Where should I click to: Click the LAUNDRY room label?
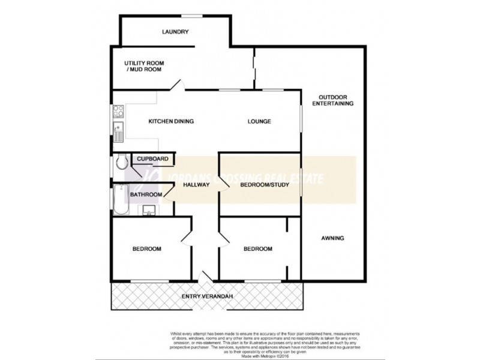175,32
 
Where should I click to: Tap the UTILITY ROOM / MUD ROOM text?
144,66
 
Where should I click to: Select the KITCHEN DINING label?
171,122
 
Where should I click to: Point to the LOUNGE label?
259,122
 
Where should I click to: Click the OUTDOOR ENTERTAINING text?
333,100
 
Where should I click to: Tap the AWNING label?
332,238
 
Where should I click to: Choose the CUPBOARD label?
152,159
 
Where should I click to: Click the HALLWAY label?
196,185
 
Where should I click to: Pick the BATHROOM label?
146,194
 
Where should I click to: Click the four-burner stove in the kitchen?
118,111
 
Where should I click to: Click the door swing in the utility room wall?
177,85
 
